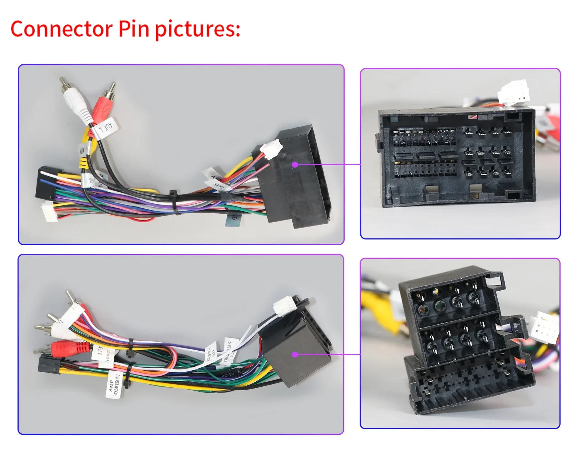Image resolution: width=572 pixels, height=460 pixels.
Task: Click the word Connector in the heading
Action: tap(61, 29)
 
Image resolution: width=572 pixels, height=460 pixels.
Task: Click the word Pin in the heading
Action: tap(134, 29)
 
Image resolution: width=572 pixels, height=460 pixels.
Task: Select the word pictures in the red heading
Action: tap(197, 29)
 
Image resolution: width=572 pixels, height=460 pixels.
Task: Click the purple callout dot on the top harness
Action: tap(295, 165)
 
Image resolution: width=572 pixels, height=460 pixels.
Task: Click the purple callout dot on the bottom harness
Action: tap(295, 355)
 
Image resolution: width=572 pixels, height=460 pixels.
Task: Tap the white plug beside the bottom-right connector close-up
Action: tap(543, 327)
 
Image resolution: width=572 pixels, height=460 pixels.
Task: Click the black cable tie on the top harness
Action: tap(175, 202)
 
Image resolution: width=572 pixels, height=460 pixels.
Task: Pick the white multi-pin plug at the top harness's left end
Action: tap(50, 211)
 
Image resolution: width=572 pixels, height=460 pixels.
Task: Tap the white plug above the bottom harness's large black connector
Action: tap(284, 306)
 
